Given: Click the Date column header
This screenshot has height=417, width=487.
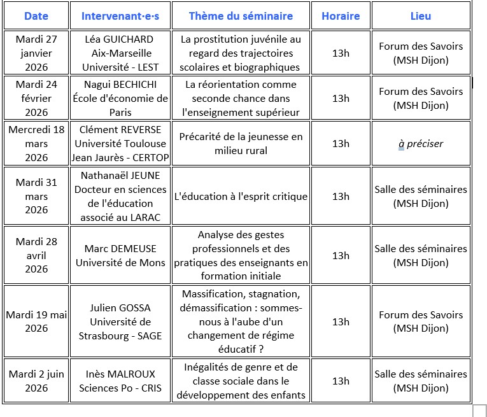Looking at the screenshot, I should [35, 16].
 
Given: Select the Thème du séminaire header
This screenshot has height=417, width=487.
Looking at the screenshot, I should [241, 16].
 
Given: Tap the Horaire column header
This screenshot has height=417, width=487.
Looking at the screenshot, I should [341, 16].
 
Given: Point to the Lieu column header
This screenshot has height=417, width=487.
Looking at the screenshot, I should [421, 16].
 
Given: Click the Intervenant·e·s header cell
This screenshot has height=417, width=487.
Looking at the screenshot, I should [120, 16].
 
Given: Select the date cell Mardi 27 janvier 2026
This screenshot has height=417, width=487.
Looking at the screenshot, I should [36, 53].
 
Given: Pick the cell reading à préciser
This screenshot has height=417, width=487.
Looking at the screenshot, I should [421, 144].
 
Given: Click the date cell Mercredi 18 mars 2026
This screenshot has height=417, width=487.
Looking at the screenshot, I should [36, 143].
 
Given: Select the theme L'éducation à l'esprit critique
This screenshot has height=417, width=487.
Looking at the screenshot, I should [241, 197].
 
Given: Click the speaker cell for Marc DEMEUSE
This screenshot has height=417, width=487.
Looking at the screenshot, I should [120, 255].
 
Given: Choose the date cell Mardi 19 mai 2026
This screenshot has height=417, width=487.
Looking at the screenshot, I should [36, 322].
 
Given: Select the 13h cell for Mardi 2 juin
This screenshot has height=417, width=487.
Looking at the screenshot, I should [341, 381].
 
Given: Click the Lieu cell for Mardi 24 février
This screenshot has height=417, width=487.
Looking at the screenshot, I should [421, 98].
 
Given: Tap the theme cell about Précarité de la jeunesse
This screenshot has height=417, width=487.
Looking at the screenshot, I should [241, 143].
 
